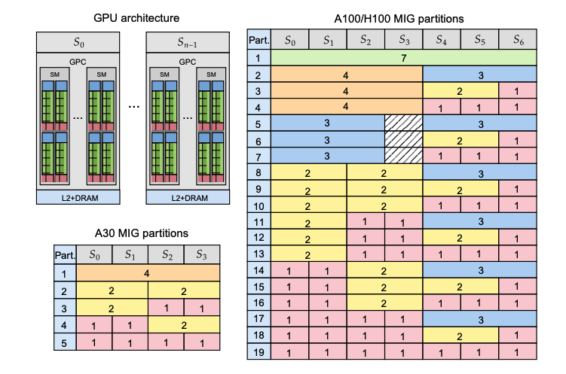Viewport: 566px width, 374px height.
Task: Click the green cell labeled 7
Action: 403,57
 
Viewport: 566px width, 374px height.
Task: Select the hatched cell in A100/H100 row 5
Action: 403,123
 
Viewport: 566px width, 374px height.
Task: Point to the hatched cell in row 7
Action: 403,156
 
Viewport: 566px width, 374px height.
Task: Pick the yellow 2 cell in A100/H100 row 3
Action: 460,90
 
